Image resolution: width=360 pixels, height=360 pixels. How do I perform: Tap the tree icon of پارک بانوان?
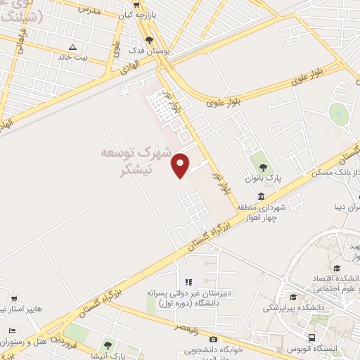pos(263,167)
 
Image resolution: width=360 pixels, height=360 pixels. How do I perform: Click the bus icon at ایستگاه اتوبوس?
pos(313,337)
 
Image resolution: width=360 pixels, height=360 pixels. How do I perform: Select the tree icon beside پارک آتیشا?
pos(107,345)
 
